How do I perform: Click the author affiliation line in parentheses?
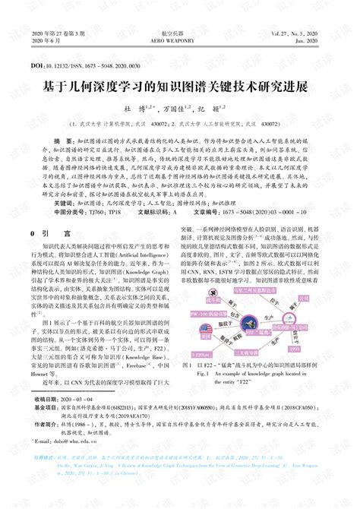(x=179, y=122)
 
